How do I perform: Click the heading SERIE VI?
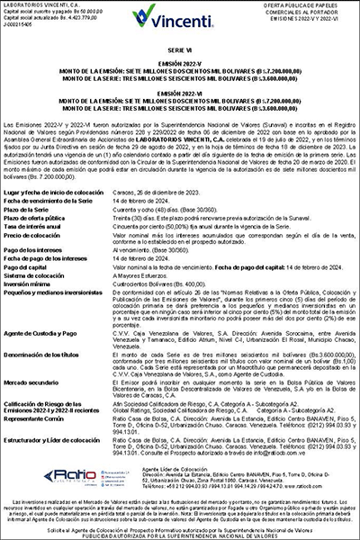pyautogui.click(x=180, y=56)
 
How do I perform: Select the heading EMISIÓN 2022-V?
pyautogui.click(x=180, y=68)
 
